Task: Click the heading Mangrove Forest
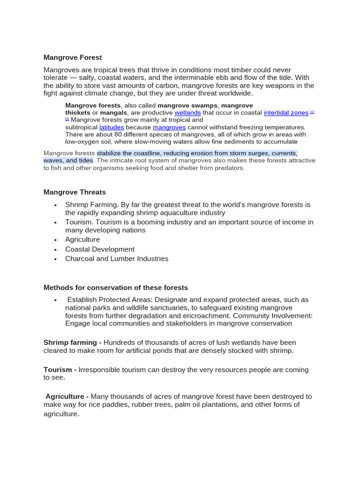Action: tap(73, 58)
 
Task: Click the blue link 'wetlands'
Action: tap(187, 113)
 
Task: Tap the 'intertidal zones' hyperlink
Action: tap(286, 113)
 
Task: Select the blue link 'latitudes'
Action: tap(112, 127)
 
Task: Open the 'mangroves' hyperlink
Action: tap(169, 127)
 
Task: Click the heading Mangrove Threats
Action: tap(75, 192)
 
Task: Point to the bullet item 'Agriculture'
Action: tap(82, 240)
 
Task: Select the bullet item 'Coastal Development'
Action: tap(100, 249)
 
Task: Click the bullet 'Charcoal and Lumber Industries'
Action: tap(117, 259)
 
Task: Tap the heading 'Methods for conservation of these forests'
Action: tap(116, 288)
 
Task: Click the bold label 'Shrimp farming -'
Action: tap(73, 343)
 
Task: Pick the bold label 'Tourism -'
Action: tap(60, 370)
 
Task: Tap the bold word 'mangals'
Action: tap(113, 113)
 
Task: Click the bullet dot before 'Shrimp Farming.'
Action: tap(55, 205)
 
